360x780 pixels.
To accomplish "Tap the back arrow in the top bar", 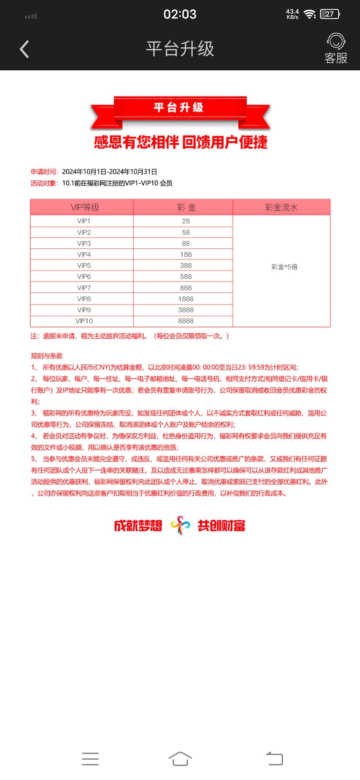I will [24, 49].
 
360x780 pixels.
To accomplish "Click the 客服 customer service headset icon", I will [336, 42].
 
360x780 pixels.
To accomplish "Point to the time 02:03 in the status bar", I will [180, 14].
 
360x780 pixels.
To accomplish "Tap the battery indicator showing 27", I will [329, 14].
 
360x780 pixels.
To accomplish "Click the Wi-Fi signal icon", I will [310, 14].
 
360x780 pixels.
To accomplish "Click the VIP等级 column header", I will [85, 207].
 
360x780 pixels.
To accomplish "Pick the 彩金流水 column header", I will [281, 207].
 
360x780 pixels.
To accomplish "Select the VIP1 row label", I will [84, 221].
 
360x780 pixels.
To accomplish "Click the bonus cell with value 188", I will [186, 254].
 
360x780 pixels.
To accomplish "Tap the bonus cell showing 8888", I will [186, 321].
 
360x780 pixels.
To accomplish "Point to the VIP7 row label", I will [84, 288].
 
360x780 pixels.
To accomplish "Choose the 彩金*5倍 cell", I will [284, 267].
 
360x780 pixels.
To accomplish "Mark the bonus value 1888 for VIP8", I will [186, 299].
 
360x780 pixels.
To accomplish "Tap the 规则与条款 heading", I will [47, 356].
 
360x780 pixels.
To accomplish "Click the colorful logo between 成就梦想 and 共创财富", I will [180, 525].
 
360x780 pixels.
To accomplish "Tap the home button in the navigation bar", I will [180, 759].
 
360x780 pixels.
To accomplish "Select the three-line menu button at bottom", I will [90, 759].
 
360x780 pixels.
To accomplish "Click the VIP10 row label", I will [84, 321].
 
